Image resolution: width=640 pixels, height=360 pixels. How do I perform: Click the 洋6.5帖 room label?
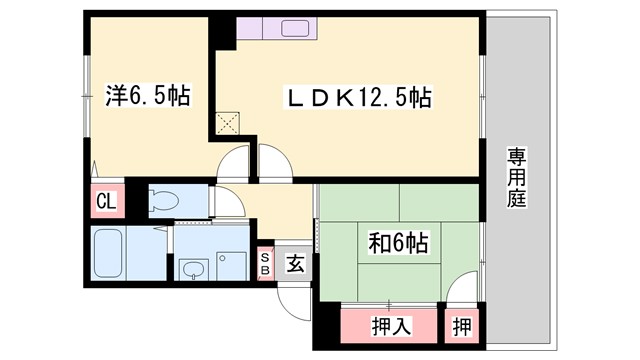coord(148,97)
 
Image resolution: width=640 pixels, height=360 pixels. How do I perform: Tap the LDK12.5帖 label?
coord(360,98)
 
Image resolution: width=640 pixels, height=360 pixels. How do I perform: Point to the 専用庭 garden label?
coord(516,177)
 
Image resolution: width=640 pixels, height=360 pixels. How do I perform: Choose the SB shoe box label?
coord(266,263)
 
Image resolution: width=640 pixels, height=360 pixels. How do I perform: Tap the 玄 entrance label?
coord(296,264)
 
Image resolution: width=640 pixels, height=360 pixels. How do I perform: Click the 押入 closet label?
coord(389,326)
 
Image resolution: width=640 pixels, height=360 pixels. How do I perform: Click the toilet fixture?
coord(164,198)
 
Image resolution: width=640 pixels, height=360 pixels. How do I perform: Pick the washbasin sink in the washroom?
coord(192,267)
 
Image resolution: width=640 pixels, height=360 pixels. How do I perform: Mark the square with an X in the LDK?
coord(229,125)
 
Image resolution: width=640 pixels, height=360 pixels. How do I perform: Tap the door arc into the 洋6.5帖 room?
coord(236,161)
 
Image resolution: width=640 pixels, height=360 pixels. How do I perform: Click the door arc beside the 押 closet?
coord(462,291)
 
